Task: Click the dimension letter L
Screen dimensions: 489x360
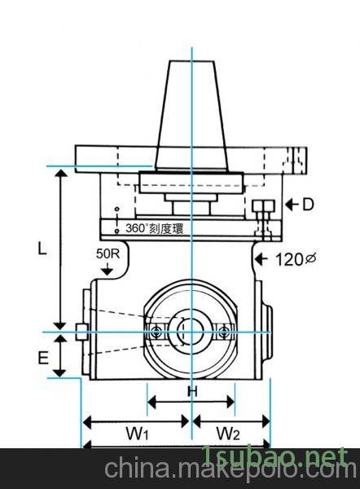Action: tap(42, 250)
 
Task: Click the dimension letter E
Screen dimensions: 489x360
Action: tap(43, 356)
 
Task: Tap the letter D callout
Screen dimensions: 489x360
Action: tap(307, 205)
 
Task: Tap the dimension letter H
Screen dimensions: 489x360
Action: tap(192, 391)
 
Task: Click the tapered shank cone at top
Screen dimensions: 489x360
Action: tap(191, 114)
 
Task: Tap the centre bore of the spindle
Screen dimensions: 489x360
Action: tap(191, 332)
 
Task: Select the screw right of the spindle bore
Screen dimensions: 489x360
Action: tap(225, 331)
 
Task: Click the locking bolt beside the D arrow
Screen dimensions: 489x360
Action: tap(261, 210)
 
